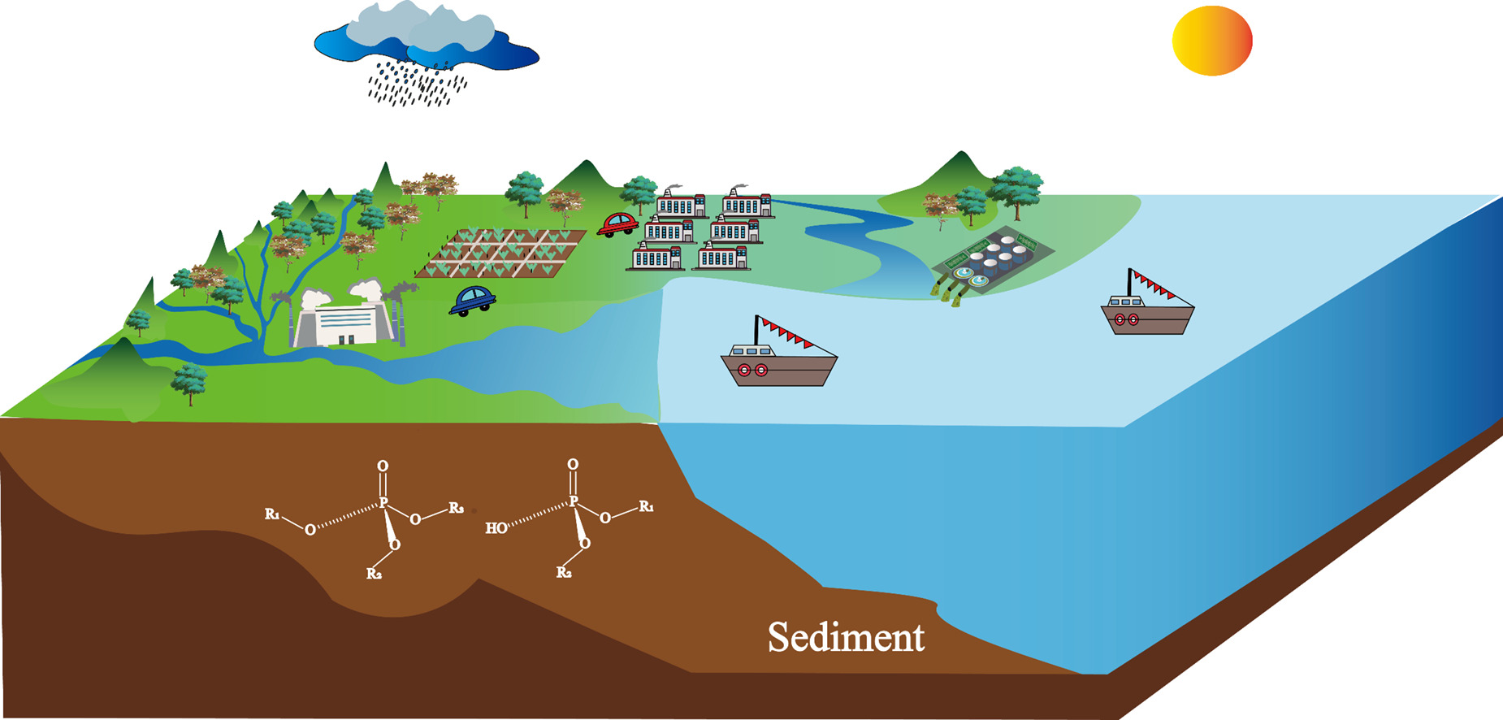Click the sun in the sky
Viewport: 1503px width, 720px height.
click(x=1212, y=41)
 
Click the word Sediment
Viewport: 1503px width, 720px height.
click(x=846, y=637)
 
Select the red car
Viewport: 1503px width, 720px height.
click(x=617, y=224)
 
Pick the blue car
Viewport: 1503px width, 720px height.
click(x=472, y=300)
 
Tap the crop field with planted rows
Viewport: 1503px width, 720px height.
click(x=500, y=254)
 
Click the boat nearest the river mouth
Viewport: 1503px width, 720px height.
click(x=778, y=355)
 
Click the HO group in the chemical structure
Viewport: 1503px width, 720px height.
click(x=496, y=528)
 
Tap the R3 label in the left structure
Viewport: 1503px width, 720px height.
click(x=457, y=509)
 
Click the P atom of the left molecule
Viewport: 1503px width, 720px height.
click(x=383, y=504)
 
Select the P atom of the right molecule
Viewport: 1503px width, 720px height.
click(x=574, y=501)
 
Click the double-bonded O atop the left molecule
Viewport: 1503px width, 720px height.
click(x=383, y=466)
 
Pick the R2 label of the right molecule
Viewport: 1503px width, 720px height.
click(x=564, y=573)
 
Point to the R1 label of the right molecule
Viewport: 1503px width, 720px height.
click(x=647, y=506)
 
